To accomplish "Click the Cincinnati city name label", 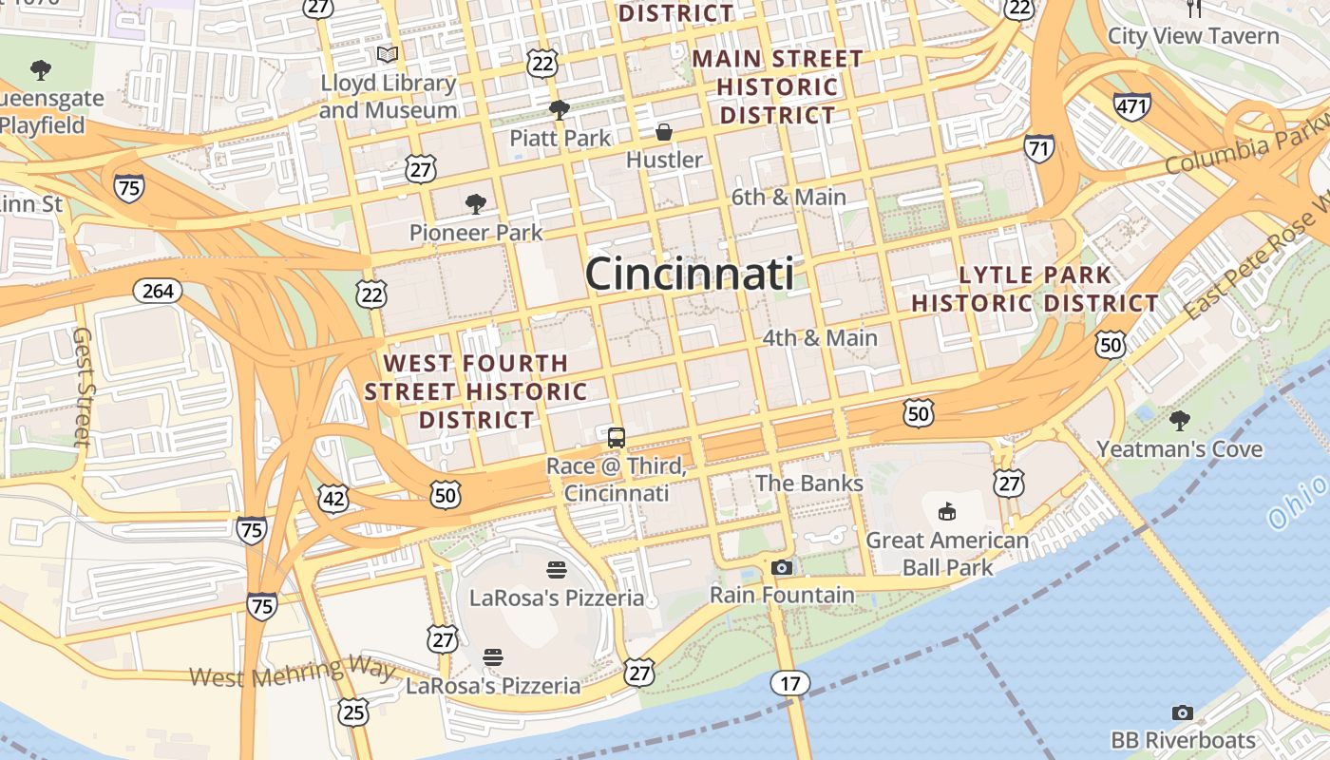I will (x=690, y=275).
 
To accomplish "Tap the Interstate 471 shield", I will (x=1132, y=107).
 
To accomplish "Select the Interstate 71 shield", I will (x=1038, y=148).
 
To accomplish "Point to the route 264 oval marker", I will (x=158, y=291).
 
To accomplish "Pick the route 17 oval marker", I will (x=790, y=683).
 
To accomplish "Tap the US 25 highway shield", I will (x=353, y=712).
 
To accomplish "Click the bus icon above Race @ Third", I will (x=617, y=438).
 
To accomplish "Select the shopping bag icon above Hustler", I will (x=664, y=132).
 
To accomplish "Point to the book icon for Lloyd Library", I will (x=388, y=55).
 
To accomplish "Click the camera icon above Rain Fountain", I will (x=782, y=568).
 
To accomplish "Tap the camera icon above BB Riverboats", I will (x=1183, y=712).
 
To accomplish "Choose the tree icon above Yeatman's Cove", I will (x=1180, y=420).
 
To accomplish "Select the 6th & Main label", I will (x=788, y=198).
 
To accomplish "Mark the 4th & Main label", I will (x=820, y=338).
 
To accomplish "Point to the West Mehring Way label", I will (x=293, y=672).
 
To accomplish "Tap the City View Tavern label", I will (x=1193, y=36).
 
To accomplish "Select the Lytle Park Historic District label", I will (x=1035, y=290).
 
